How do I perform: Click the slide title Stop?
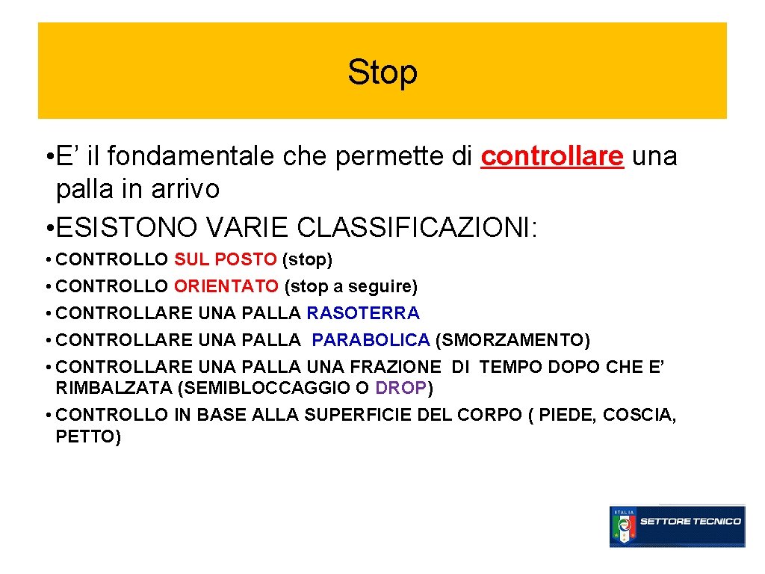(x=382, y=72)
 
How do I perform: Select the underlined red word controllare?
(x=552, y=156)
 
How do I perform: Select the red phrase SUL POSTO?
(x=225, y=259)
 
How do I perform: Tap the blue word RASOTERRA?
(x=363, y=313)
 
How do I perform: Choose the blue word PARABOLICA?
(x=371, y=341)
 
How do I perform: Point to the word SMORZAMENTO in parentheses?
(x=512, y=341)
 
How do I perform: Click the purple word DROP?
(x=401, y=388)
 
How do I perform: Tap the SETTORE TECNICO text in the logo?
(x=691, y=521)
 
